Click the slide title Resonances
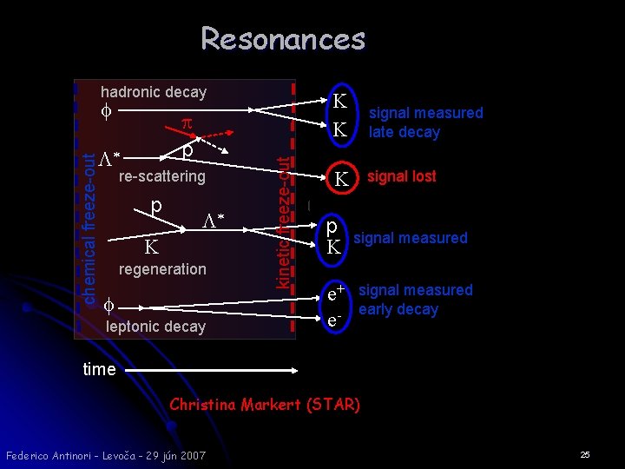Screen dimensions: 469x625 [x=283, y=39]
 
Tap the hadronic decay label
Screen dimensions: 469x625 [x=154, y=92]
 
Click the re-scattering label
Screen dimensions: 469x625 [x=161, y=176]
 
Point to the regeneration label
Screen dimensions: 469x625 [x=162, y=269]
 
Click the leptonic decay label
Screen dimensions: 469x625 [x=155, y=327]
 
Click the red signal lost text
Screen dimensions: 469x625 [x=401, y=176]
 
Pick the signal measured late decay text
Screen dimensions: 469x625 [x=425, y=122]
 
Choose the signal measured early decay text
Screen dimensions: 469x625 [x=415, y=300]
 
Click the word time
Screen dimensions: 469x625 [x=99, y=369]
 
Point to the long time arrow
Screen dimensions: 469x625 [x=208, y=370]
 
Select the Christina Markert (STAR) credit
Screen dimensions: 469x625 [x=265, y=405]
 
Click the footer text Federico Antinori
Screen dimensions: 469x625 [x=105, y=455]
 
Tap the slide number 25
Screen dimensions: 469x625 [x=585, y=454]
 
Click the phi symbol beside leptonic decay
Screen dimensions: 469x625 [x=108, y=306]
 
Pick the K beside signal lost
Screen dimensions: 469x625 [x=341, y=181]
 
